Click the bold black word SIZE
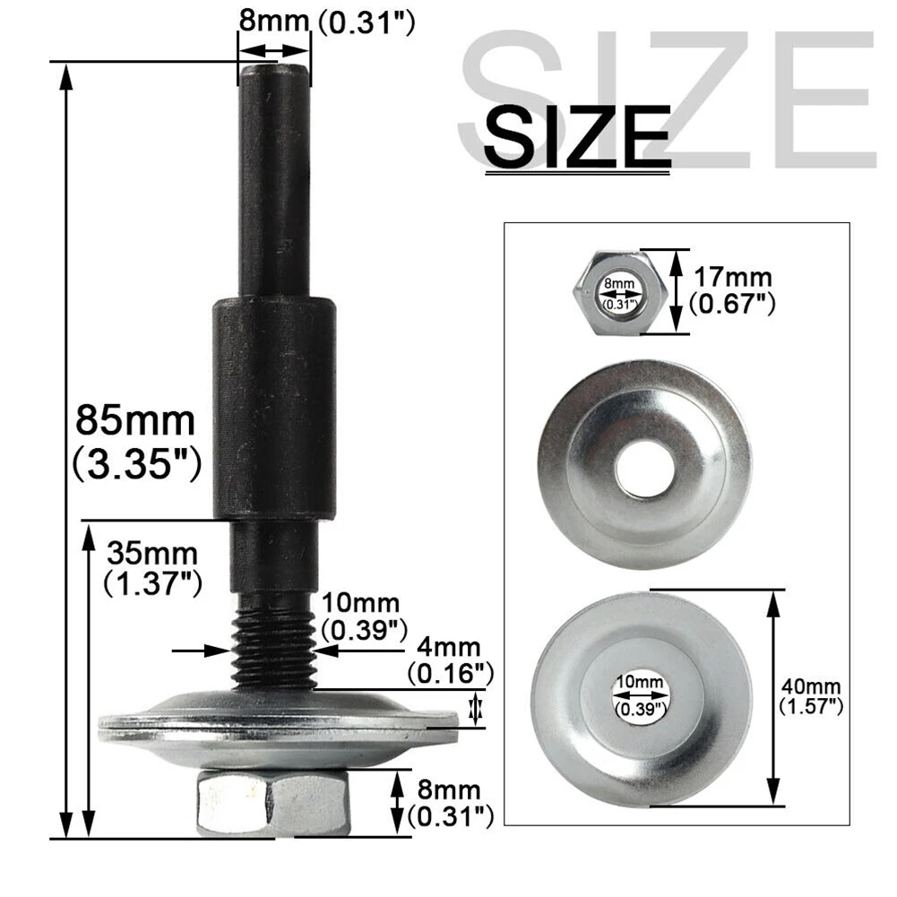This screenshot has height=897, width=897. [x=577, y=136]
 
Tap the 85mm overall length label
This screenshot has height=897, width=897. [x=134, y=418]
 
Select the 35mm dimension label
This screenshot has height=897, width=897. [x=151, y=551]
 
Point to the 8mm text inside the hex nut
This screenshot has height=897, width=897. [x=619, y=284]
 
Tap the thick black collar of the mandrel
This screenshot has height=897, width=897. [x=273, y=408]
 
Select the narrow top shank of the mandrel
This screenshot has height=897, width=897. [x=274, y=179]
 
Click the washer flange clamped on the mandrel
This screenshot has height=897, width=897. [x=278, y=721]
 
